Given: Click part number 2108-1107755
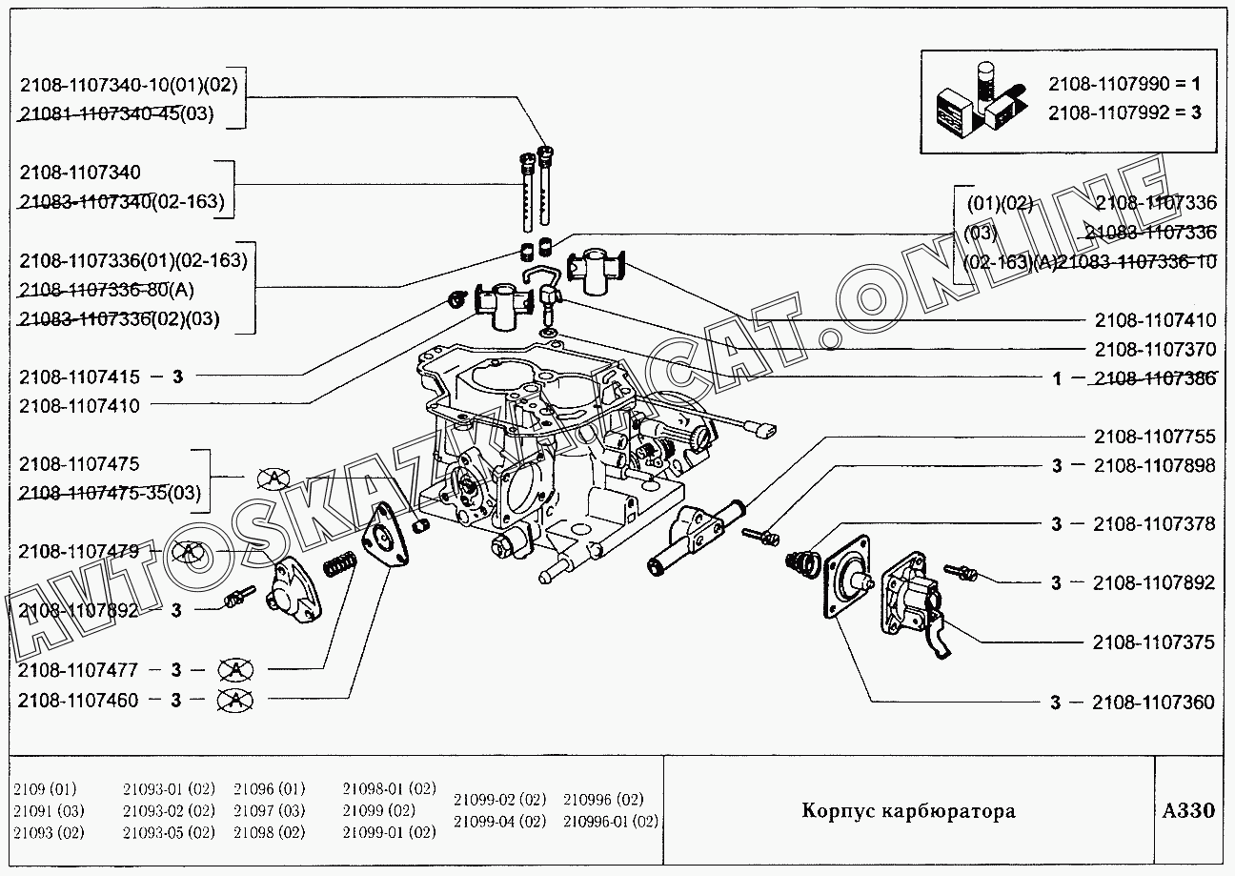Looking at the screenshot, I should click(1154, 437).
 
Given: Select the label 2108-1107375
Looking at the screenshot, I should click(1154, 642).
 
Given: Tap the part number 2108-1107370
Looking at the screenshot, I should click(1154, 349).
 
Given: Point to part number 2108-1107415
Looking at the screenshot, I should click(79, 377).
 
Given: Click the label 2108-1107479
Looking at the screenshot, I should click(79, 551).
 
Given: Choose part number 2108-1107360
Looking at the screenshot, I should click(1154, 703).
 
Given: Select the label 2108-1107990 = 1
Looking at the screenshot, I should click(1124, 83).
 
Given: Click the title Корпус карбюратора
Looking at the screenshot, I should click(908, 811).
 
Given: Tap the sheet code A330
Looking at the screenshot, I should click(1188, 811).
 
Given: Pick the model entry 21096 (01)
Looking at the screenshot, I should click(270, 789).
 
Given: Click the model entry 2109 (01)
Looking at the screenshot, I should click(46, 789).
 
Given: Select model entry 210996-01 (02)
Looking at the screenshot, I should click(611, 822).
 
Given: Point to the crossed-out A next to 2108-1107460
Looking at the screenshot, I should click(235, 701).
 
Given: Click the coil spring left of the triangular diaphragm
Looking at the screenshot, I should click(339, 565).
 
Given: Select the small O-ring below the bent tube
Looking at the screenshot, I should click(548, 333).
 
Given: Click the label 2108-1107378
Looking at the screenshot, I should click(1154, 523).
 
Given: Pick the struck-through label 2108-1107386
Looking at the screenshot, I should click(1154, 378).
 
